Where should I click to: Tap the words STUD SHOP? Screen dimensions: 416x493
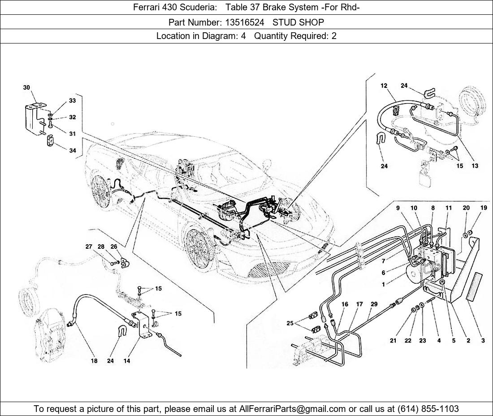[x=298, y=22]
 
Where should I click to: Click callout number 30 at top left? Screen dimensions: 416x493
[x=27, y=88]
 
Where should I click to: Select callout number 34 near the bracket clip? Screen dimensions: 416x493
[x=72, y=151]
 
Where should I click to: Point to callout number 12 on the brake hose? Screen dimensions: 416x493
[x=384, y=86]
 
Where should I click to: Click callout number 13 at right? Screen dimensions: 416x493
[x=475, y=166]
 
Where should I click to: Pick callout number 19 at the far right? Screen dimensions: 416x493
[x=484, y=208]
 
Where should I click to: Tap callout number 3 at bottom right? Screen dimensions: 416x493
[x=483, y=341]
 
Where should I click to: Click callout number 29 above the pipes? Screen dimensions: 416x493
[x=374, y=304]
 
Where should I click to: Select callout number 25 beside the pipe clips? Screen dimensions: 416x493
[x=290, y=323]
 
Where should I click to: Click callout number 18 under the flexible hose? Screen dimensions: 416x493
[x=95, y=361]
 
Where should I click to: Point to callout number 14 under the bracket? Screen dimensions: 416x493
[x=127, y=361]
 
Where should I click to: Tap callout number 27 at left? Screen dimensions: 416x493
[x=89, y=247]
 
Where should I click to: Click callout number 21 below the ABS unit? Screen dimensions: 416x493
[x=393, y=341]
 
